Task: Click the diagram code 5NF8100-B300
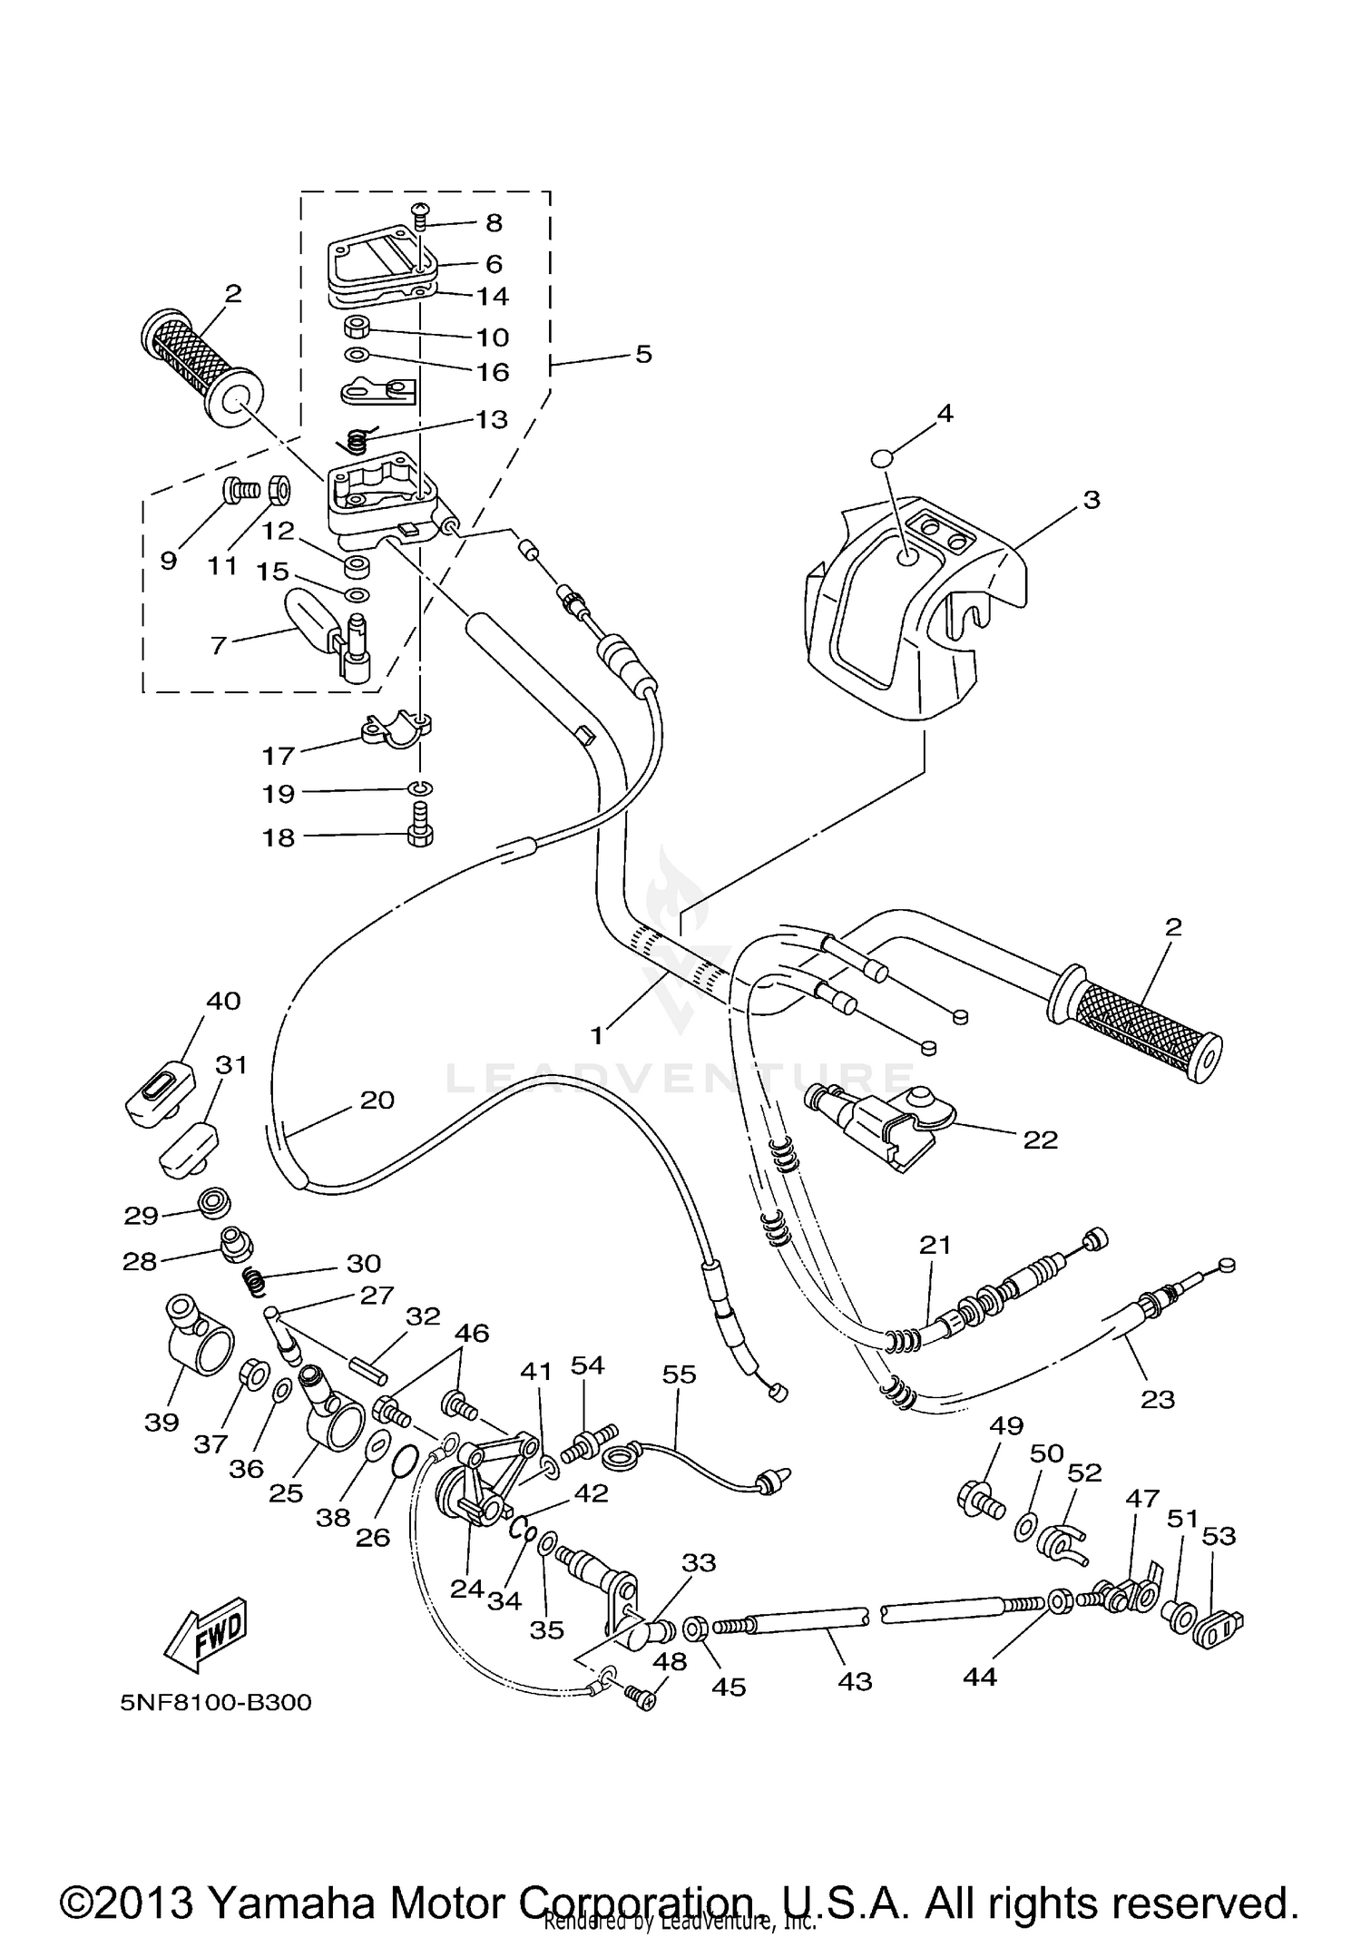216,1702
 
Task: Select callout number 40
223,1001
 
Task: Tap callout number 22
1040,1140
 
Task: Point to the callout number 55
679,1374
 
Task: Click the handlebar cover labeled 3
916,617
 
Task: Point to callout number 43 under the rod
854,1681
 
